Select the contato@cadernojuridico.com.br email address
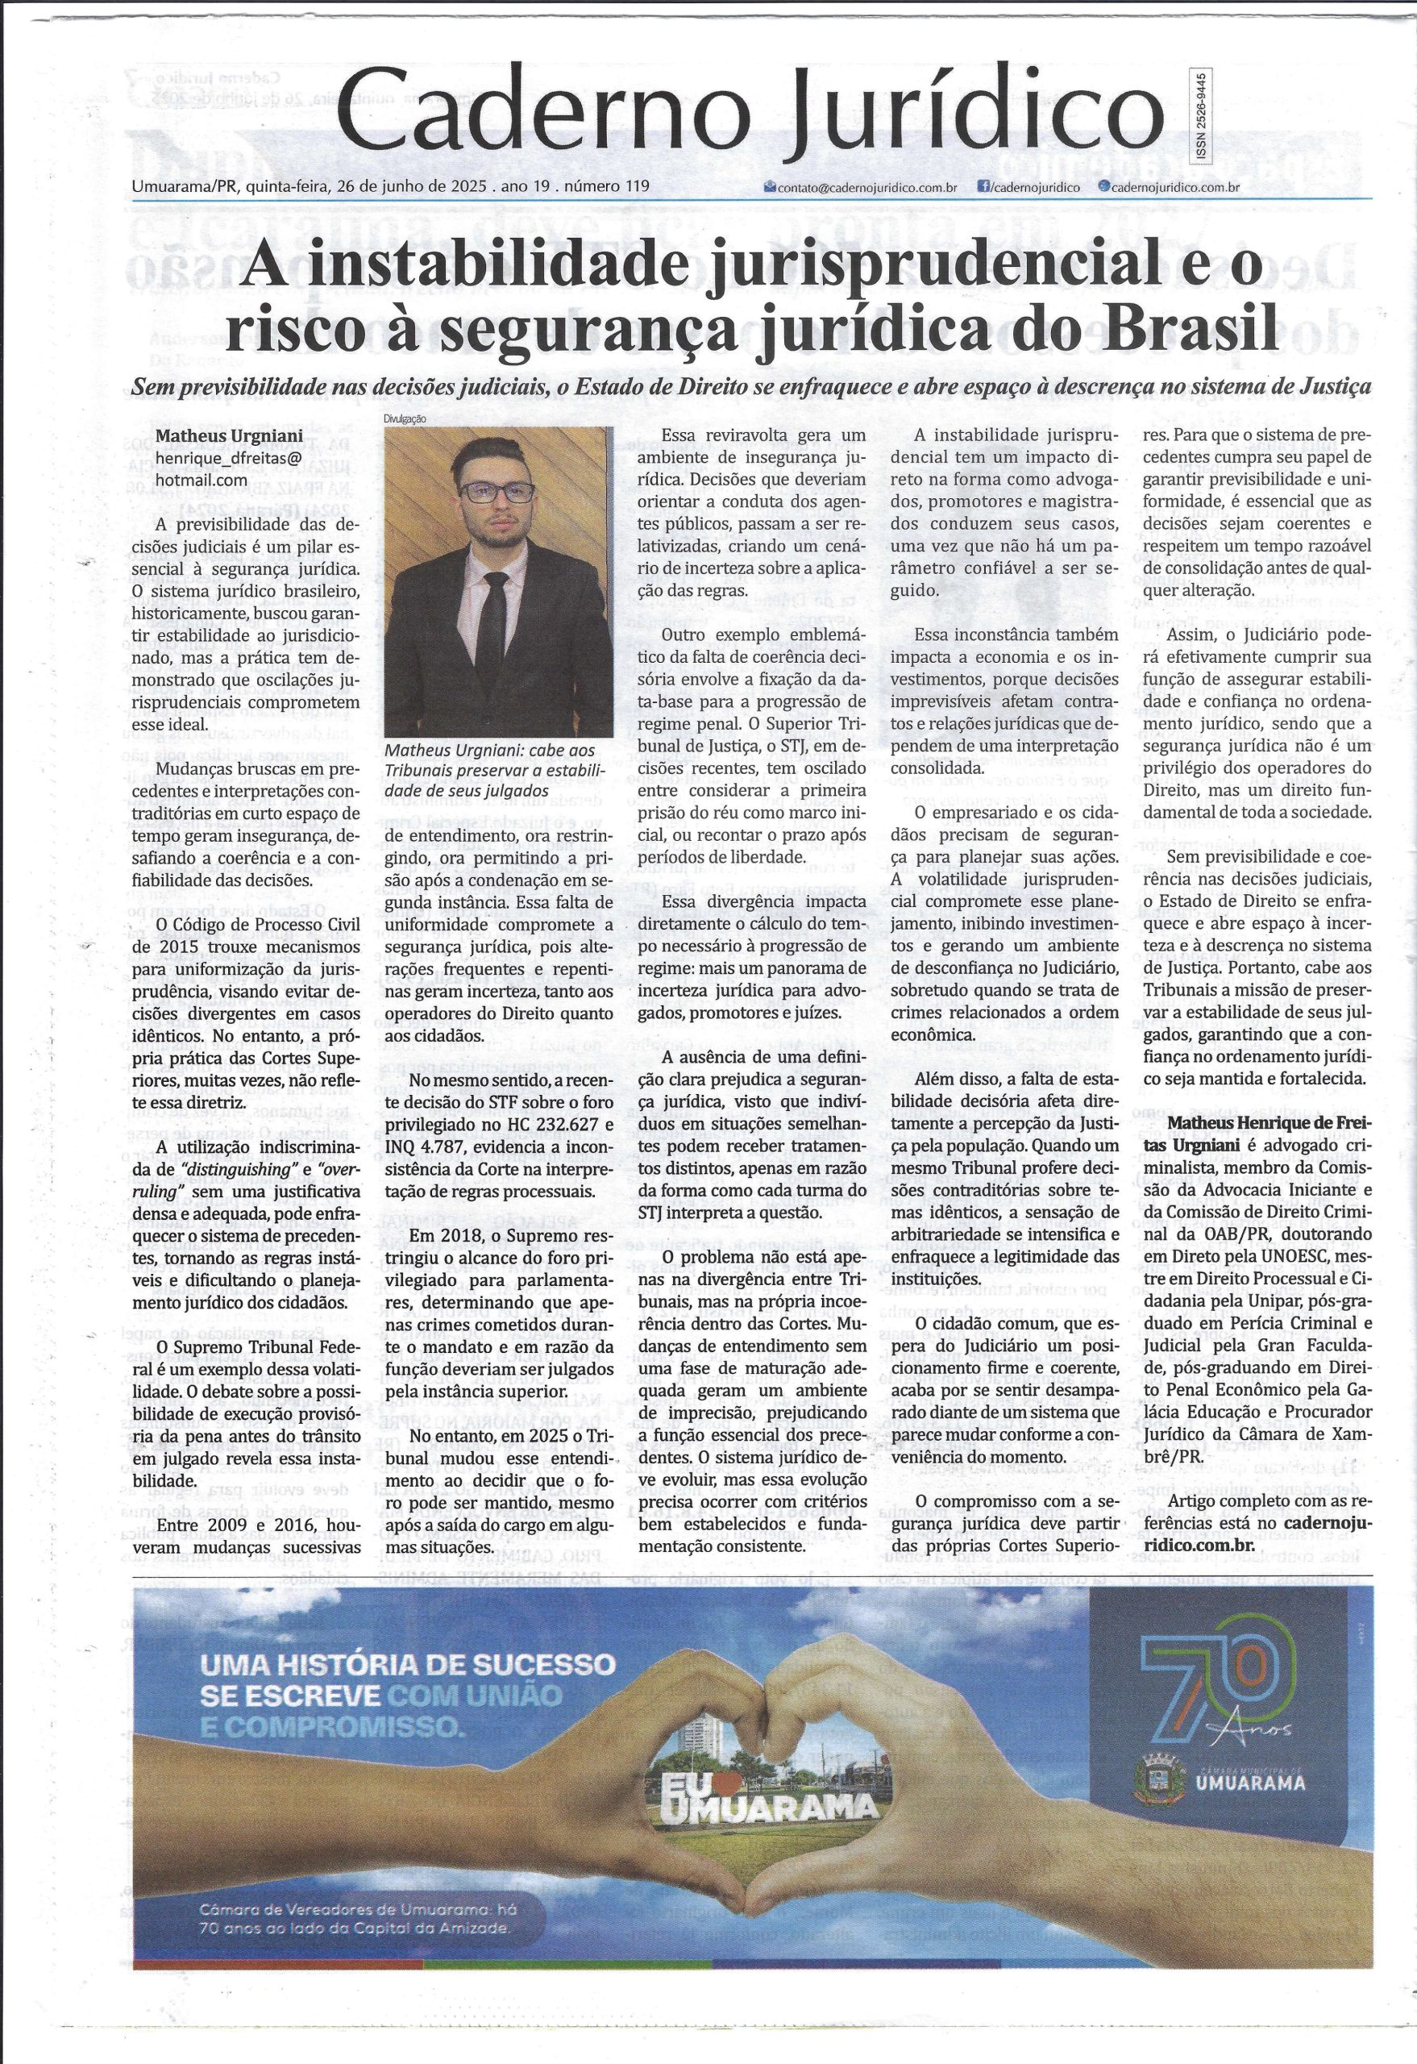[x=866, y=187]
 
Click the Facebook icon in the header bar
[x=983, y=187]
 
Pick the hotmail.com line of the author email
[x=201, y=480]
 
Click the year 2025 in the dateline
[x=472, y=187]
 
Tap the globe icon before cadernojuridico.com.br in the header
[x=1103, y=187]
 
